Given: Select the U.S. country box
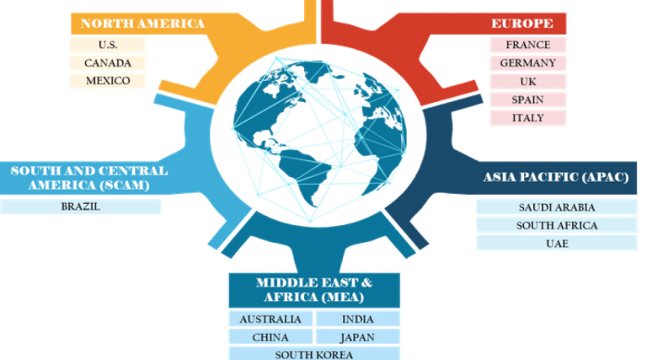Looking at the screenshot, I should pyautogui.click(x=107, y=45).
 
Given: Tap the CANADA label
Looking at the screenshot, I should pyautogui.click(x=107, y=63).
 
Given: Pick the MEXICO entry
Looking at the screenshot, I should pyautogui.click(x=107, y=82).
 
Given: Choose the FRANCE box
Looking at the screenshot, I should pyautogui.click(x=528, y=45).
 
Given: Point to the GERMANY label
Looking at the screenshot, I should pyautogui.click(x=528, y=63).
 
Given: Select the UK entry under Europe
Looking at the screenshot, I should pyautogui.click(x=528, y=82).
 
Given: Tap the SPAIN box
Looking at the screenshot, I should pyautogui.click(x=528, y=99).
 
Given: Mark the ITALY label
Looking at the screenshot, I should pyautogui.click(x=528, y=118).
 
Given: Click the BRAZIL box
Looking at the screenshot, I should pyautogui.click(x=80, y=207).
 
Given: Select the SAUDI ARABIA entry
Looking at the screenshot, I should pyautogui.click(x=557, y=207).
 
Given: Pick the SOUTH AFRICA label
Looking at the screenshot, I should pyautogui.click(x=557, y=226).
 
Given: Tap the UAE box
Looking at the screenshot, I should pyautogui.click(x=557, y=244).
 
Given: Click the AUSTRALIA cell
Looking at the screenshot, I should pyautogui.click(x=270, y=320).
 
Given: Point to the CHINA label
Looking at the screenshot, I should pyautogui.click(x=270, y=337).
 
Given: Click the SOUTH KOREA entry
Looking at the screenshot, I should pyautogui.click(x=313, y=354).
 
